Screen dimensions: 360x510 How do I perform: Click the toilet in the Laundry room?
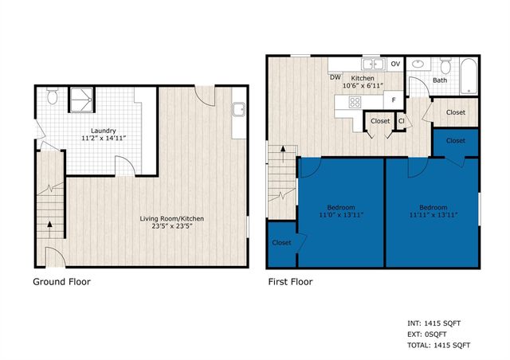coord(53,97)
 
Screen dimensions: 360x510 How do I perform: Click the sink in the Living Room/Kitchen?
coord(238,111)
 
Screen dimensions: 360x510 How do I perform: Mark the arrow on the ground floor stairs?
coord(51,224)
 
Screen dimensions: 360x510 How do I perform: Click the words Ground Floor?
coord(61,281)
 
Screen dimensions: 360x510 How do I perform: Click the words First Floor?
coord(290,281)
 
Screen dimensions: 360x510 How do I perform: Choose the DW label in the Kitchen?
coord(336,77)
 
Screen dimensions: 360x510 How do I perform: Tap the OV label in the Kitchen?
coord(395,65)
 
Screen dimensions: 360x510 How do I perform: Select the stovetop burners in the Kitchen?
coord(354,101)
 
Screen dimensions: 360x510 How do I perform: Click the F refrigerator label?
coord(393,100)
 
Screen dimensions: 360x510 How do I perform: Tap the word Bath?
coord(440,80)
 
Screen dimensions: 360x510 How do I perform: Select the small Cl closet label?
coord(402,121)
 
